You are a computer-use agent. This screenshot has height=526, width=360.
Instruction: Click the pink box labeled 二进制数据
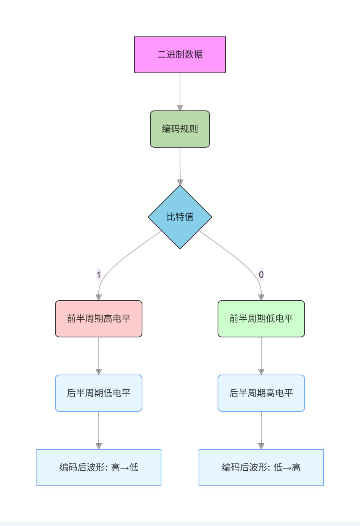click(x=180, y=55)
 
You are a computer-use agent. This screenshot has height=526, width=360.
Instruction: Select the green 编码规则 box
click(x=180, y=129)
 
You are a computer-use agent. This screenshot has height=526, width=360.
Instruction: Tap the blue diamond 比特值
click(x=180, y=217)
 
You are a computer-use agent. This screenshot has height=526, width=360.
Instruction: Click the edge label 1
click(x=99, y=274)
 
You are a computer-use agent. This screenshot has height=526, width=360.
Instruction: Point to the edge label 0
click(x=261, y=274)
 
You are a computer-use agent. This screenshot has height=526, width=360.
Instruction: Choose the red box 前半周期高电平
click(x=99, y=319)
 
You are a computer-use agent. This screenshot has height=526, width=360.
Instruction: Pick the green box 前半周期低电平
click(x=261, y=319)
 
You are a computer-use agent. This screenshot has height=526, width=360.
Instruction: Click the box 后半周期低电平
click(x=99, y=393)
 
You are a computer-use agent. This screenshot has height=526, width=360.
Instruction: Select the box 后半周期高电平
click(x=261, y=393)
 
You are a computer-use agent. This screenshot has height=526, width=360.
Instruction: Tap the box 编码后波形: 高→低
click(x=99, y=468)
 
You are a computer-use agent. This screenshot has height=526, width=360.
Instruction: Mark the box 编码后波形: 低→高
click(x=261, y=468)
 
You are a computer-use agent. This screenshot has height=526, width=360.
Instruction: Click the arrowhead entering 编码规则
click(x=180, y=108)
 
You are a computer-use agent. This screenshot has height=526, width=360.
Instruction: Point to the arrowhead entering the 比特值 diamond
click(x=180, y=182)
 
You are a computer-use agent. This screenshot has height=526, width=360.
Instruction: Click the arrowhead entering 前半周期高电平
click(x=99, y=298)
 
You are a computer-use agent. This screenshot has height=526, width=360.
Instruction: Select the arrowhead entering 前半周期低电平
click(x=261, y=298)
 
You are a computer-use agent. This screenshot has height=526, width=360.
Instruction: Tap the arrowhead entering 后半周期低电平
click(x=99, y=372)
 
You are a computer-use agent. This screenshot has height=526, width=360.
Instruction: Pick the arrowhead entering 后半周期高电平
click(x=261, y=372)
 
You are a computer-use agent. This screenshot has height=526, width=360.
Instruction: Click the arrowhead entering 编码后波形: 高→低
click(x=99, y=446)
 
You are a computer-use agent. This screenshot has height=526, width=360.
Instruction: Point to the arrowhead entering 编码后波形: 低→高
click(x=261, y=446)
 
